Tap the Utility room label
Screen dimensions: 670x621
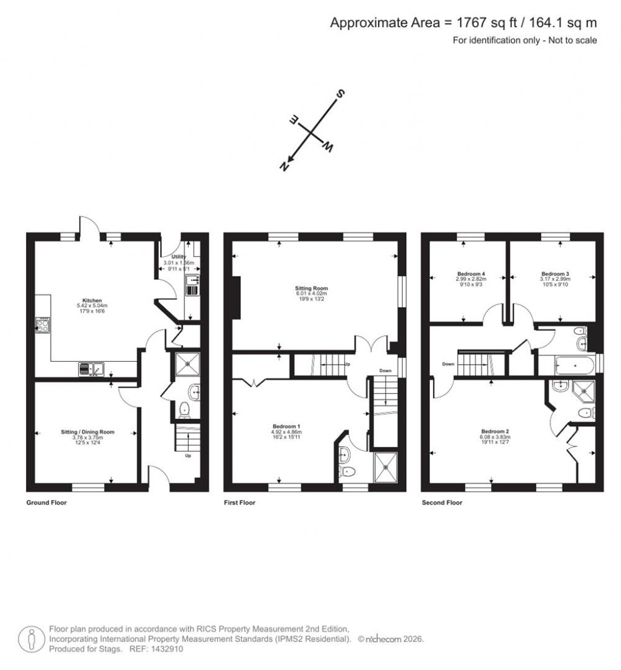178,258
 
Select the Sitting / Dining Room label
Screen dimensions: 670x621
87,432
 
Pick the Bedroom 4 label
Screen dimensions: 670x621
467,274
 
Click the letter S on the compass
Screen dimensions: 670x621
341,94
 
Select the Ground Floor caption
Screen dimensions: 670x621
47,503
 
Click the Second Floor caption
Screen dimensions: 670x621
442,503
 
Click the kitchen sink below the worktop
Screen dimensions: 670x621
92,368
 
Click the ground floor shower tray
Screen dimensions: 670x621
188,364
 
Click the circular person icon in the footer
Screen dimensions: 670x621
30,639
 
